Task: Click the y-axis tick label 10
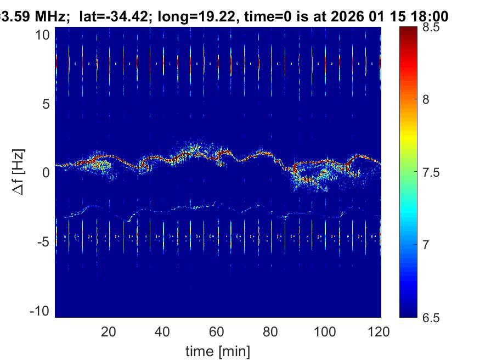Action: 44,35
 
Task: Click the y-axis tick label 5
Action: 47,104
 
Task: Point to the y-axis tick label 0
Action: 47,173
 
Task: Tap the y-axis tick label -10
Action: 42,311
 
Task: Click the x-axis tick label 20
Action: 108,331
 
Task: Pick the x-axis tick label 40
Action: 162,331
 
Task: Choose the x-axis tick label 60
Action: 217,331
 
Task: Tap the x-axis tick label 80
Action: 271,331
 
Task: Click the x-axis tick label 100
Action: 325,331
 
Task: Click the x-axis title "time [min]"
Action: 218,350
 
